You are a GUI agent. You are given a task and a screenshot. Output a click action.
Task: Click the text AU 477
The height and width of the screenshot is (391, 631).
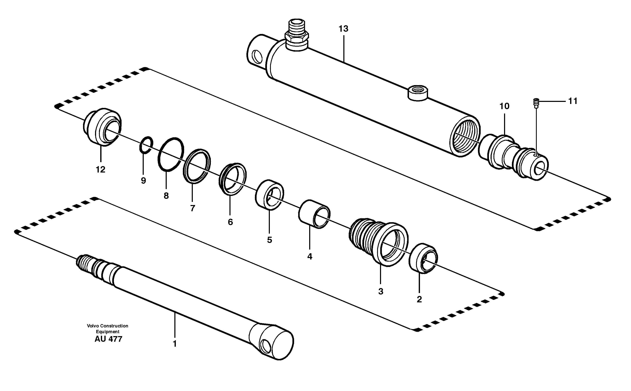click(108, 339)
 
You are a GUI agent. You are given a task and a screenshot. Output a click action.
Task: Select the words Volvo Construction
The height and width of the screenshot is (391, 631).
click(107, 326)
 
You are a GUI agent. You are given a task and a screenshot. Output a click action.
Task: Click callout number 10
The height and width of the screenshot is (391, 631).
click(504, 106)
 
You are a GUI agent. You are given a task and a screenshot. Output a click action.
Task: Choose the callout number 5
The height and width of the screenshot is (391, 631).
click(269, 240)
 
